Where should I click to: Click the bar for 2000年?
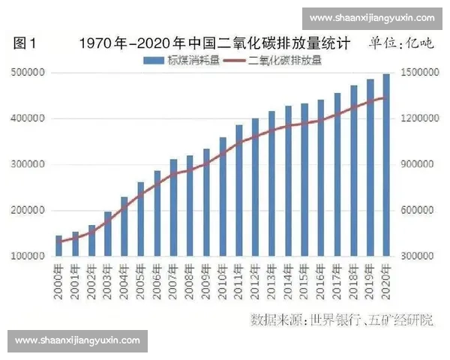point(58,246)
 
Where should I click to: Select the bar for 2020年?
point(386,165)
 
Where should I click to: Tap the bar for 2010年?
point(223,196)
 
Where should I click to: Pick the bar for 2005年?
point(140,219)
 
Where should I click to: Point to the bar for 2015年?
point(304,180)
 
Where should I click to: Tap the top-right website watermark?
point(372,18)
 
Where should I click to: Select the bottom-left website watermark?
point(77,340)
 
